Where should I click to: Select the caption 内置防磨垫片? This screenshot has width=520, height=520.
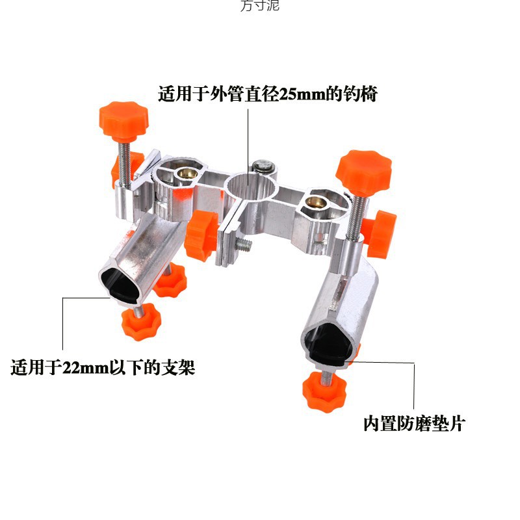point(414,424)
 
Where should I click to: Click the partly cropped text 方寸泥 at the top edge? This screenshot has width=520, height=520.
point(260,6)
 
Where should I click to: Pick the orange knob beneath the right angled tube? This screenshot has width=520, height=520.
point(324,391)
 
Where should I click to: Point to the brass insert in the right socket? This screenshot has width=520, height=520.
point(318,203)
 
